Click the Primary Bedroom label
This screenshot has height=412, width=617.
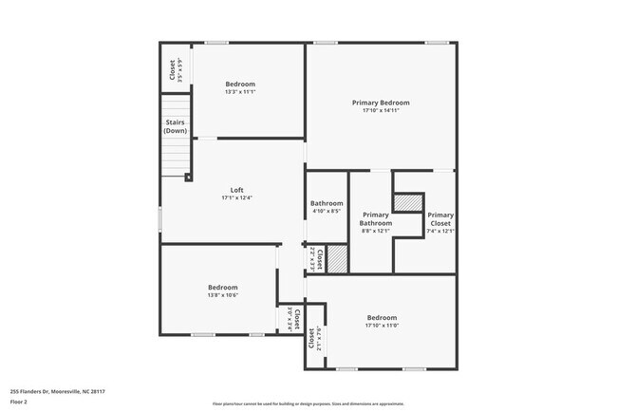point(381,103)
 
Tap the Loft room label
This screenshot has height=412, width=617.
point(236,190)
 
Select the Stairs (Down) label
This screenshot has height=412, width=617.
point(176,126)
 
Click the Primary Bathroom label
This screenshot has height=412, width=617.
point(376,218)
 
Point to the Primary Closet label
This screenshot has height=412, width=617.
point(439,218)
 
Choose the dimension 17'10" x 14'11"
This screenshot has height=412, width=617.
point(381,111)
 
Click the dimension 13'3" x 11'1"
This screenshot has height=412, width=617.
point(240,92)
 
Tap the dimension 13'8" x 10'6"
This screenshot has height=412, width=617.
point(223,295)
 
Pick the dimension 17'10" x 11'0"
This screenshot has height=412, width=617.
point(382,326)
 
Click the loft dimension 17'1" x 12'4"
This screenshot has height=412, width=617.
point(236,197)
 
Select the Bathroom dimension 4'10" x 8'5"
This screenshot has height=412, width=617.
point(326,211)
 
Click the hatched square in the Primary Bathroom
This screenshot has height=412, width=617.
point(407,202)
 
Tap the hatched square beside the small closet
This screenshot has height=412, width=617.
point(338,259)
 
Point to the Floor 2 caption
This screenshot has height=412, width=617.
point(20,402)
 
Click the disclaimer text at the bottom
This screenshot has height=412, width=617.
point(308,403)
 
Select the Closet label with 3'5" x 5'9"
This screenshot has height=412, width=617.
point(172,69)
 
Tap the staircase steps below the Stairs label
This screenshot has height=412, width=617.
point(176,158)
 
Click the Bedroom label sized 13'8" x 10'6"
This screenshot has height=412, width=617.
point(223,287)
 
